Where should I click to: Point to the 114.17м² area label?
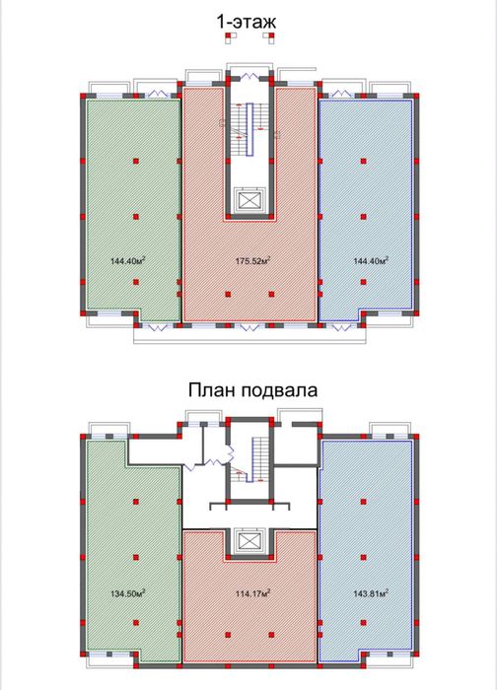(x=253, y=592)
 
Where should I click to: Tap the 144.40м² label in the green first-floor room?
(x=129, y=261)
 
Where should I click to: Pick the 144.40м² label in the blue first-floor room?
(x=370, y=261)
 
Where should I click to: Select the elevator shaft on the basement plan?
(x=248, y=543)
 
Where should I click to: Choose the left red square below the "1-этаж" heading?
(x=229, y=37)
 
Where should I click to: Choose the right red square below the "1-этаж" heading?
(x=268, y=37)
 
